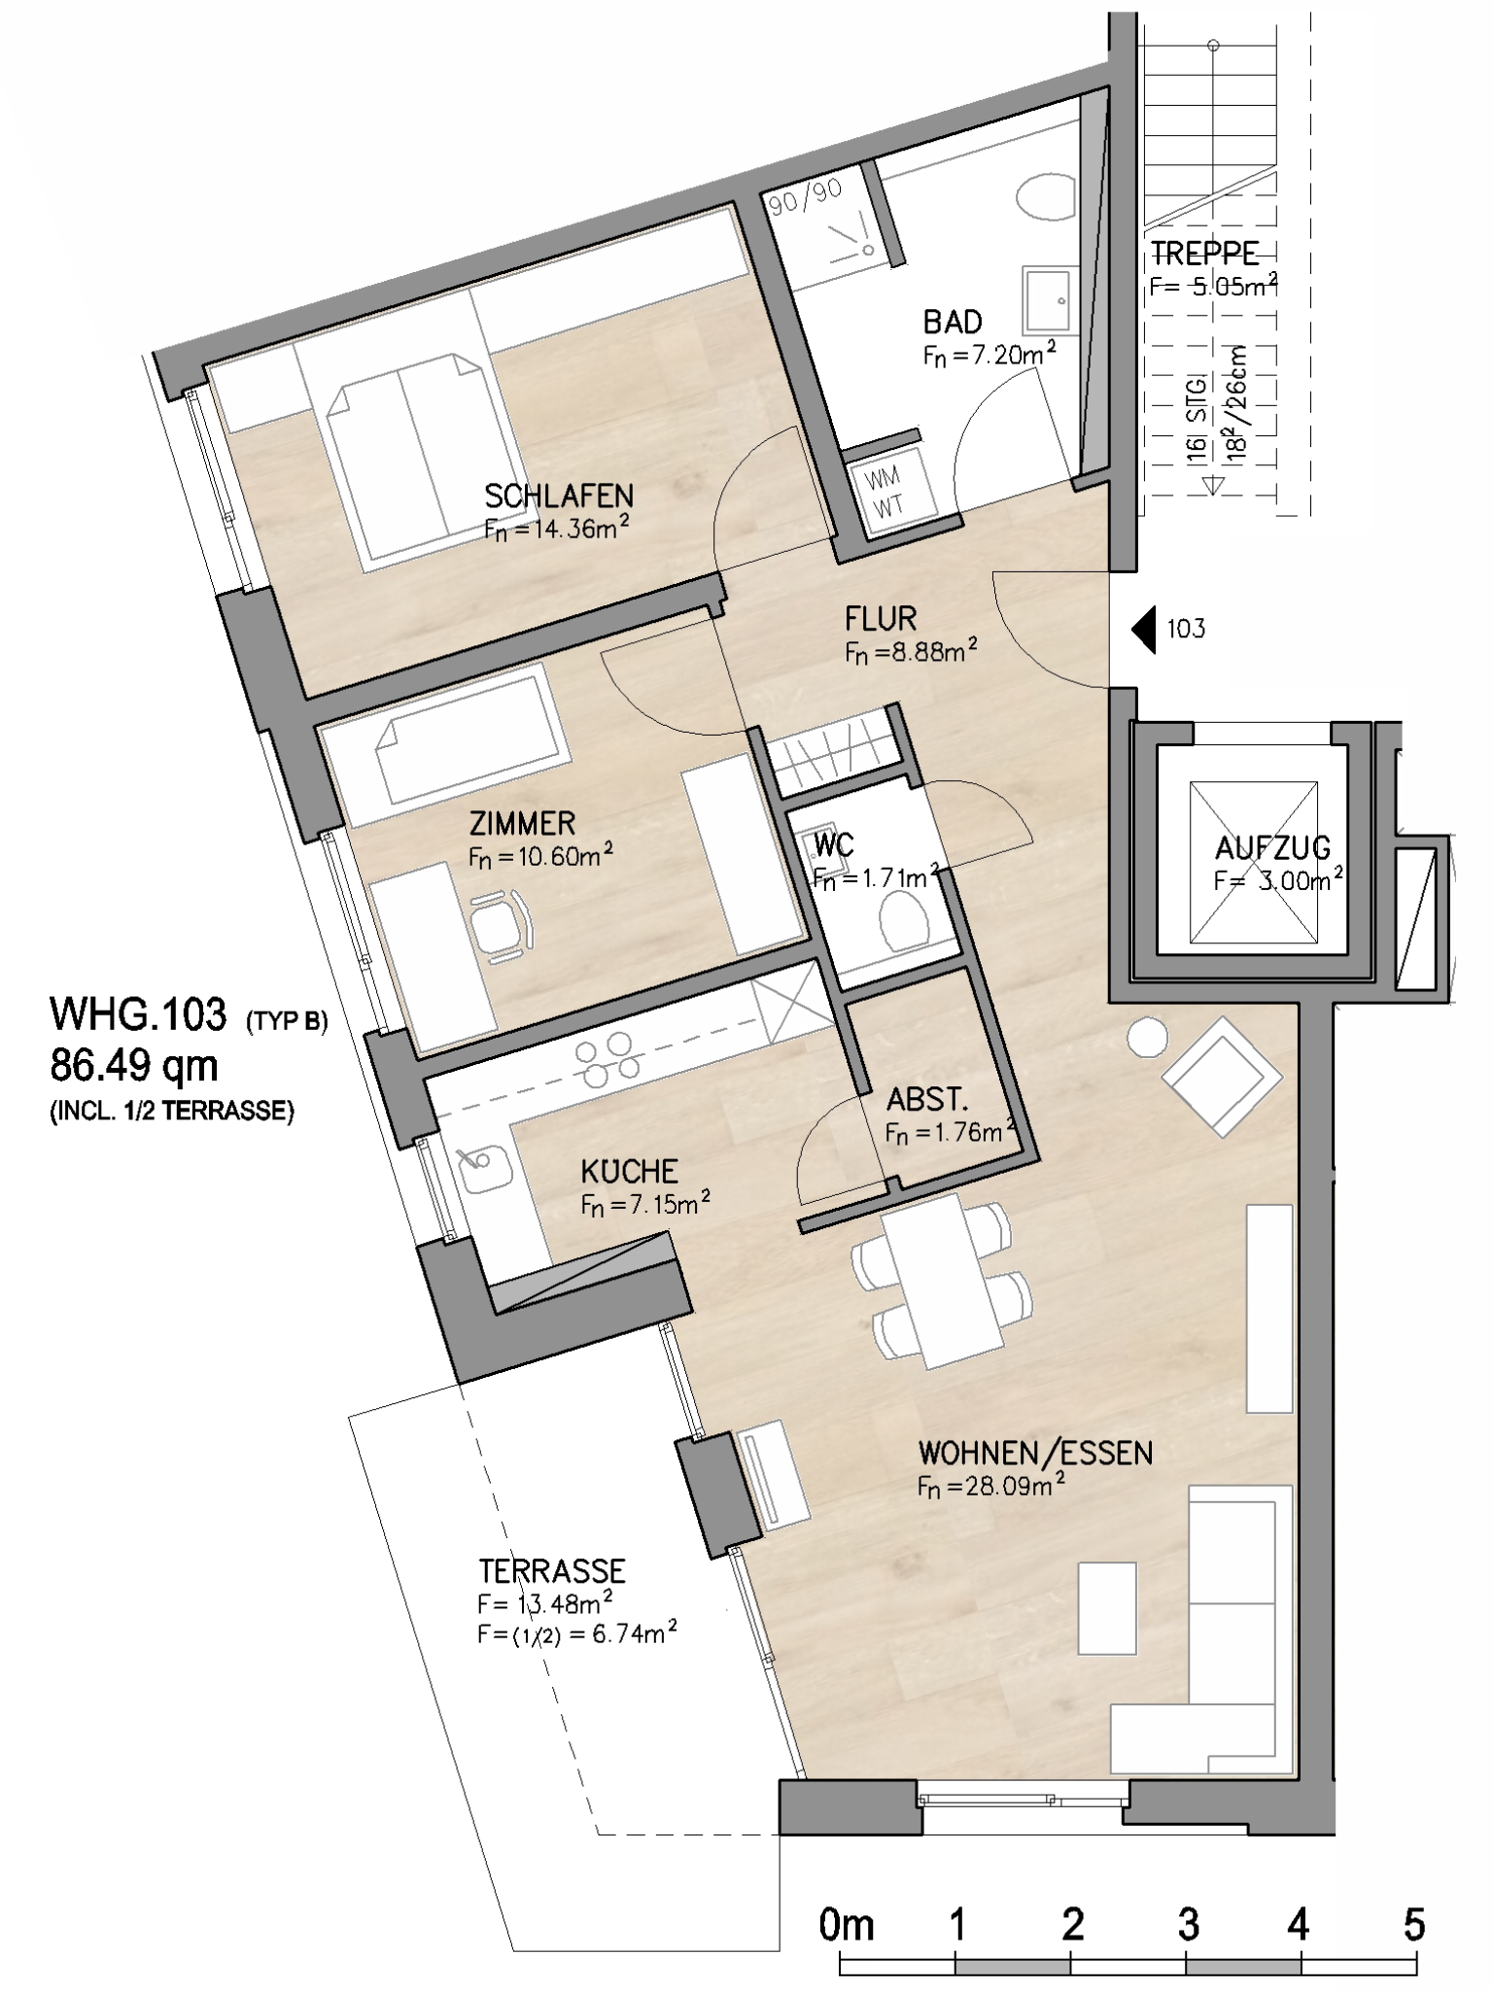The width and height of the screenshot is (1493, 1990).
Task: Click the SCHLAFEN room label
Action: click(x=559, y=497)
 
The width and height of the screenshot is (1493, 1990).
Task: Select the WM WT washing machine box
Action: click(x=887, y=491)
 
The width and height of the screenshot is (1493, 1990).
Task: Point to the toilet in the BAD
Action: click(x=1046, y=199)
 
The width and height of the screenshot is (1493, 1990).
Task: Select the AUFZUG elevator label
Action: click(x=1272, y=848)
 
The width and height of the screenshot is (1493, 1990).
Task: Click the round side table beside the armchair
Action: click(x=1147, y=1038)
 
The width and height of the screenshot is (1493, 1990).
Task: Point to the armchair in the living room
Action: click(x=1224, y=1076)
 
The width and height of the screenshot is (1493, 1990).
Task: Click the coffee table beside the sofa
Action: click(x=1107, y=1608)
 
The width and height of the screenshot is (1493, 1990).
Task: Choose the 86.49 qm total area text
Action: click(x=134, y=1067)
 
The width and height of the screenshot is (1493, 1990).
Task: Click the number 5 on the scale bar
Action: click(x=1413, y=1925)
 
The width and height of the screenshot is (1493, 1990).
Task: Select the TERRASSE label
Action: click(x=552, y=1571)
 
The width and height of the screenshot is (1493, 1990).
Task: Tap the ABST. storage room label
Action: click(x=927, y=1100)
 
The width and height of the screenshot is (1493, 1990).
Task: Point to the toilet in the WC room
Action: click(x=904, y=917)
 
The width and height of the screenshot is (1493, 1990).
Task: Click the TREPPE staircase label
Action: click(x=1205, y=255)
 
